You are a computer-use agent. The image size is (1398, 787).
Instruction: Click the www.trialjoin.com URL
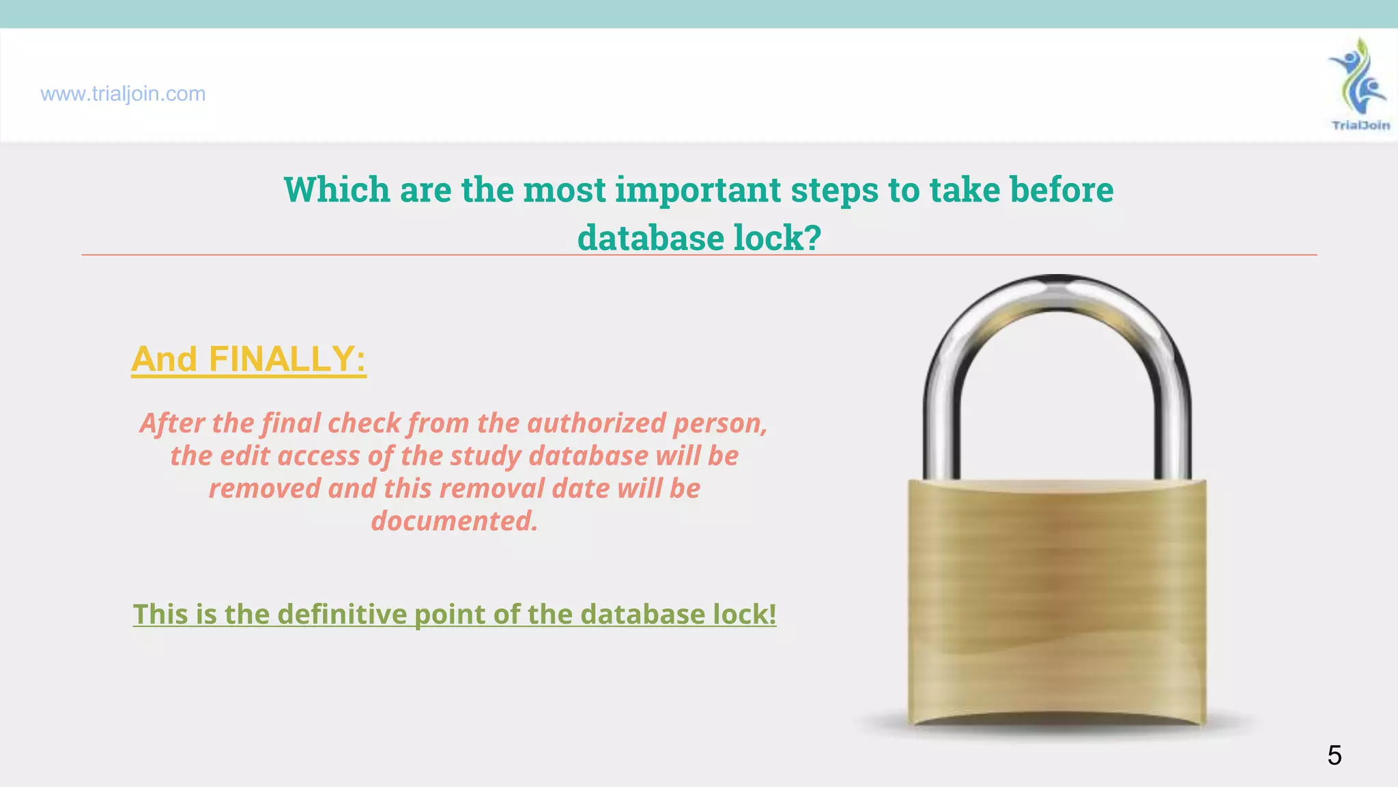tap(123, 94)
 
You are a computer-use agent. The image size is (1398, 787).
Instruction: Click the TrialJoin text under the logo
tap(1360, 125)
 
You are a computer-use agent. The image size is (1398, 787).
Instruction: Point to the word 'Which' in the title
tap(337, 189)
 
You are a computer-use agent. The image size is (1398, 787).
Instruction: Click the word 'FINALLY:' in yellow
tap(287, 359)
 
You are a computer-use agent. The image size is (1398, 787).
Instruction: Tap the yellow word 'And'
tap(164, 359)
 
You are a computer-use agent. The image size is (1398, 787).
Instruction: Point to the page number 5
tap(1334, 756)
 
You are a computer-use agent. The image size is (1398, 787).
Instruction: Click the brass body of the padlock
tap(1057, 601)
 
